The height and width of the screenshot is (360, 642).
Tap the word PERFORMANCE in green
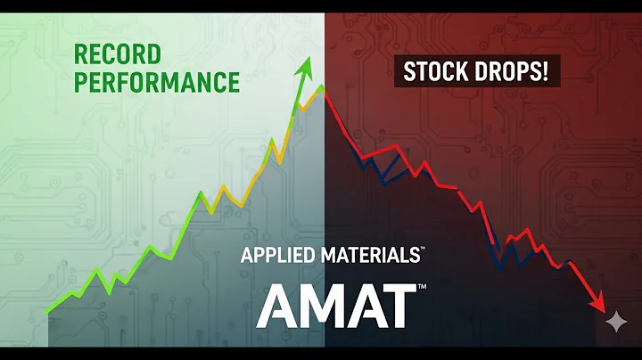(157, 83)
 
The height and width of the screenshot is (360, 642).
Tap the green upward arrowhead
(308, 65)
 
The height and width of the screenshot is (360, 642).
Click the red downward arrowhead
(604, 304)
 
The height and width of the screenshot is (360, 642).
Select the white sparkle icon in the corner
(615, 322)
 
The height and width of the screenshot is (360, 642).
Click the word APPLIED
(277, 256)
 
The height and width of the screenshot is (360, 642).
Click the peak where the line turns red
(323, 86)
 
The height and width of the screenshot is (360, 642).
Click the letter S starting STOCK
(410, 71)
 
